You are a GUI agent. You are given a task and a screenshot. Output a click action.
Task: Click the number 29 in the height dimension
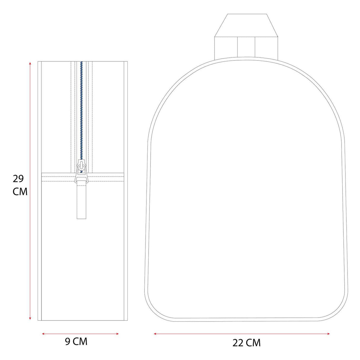tap(18, 179)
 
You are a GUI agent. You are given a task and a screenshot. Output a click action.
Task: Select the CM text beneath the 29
tap(20, 192)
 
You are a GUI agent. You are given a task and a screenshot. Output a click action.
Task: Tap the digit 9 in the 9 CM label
tap(68, 341)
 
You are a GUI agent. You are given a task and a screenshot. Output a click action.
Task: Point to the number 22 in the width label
tap(238, 343)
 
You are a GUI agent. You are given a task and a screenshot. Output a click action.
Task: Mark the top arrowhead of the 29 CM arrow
tap(30, 63)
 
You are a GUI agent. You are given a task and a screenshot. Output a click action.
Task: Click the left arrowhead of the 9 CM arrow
tap(43, 334)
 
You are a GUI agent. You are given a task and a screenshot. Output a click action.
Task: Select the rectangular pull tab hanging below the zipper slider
tap(81, 205)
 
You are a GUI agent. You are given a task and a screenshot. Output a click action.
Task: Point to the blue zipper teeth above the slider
tap(81, 113)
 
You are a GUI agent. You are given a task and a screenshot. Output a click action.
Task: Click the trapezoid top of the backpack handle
tap(246, 25)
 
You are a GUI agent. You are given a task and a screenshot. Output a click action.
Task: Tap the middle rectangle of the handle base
tap(246, 47)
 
